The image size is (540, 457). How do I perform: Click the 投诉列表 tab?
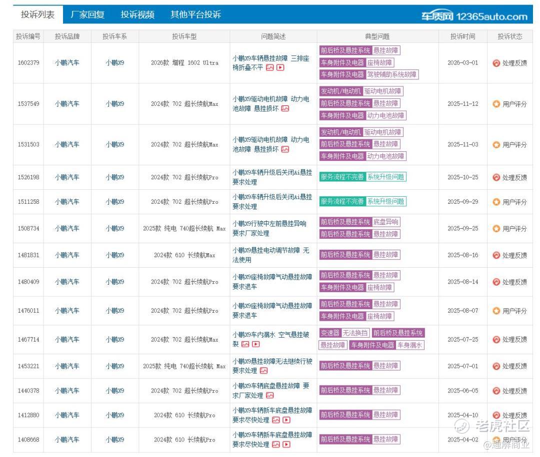click(38, 14)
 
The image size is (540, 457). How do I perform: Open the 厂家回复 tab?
click(87, 14)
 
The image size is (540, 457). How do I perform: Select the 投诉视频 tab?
click(137, 14)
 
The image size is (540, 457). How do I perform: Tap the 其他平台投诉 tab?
click(195, 14)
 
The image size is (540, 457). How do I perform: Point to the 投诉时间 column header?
click(463, 36)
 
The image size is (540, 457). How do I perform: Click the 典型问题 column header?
click(377, 36)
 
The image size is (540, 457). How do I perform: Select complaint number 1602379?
click(28, 62)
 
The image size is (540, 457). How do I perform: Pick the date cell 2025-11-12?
click(463, 103)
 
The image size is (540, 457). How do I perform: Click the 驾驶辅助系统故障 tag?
click(392, 74)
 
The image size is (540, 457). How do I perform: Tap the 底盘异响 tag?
click(385, 222)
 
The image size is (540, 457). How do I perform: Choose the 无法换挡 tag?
click(355, 333)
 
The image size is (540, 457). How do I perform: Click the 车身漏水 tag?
click(409, 345)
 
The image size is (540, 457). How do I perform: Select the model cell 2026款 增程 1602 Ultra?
click(184, 62)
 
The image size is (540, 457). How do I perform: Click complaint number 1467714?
click(28, 339)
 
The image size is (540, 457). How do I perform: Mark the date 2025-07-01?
click(463, 366)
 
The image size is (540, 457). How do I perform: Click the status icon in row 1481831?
click(496, 255)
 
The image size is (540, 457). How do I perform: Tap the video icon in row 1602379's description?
click(280, 68)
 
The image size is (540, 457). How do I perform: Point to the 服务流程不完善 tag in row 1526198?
click(342, 177)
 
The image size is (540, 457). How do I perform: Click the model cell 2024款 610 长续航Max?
click(184, 255)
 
